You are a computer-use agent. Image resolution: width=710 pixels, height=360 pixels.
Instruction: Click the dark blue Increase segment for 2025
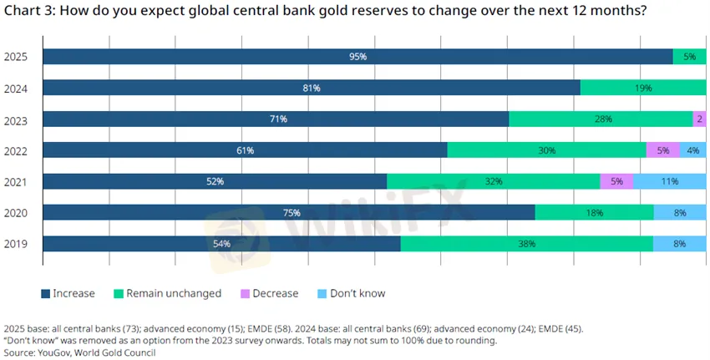pyautogui.click(x=358, y=57)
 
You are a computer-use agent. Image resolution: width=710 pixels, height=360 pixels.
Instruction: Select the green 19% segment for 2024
pyautogui.click(x=643, y=88)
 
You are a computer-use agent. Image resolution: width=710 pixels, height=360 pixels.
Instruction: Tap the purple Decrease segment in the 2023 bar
pyautogui.click(x=700, y=119)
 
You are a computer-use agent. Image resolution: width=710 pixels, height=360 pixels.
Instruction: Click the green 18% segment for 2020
pyautogui.click(x=594, y=213)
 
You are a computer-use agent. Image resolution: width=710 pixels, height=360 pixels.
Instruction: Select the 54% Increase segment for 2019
pyautogui.click(x=221, y=244)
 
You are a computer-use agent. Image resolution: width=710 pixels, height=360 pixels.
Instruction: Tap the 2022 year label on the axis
pyautogui.click(x=17, y=151)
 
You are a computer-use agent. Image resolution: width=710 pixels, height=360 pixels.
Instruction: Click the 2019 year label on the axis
pyautogui.click(x=17, y=245)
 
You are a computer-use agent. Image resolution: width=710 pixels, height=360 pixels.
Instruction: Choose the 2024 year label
pyautogui.click(x=17, y=89)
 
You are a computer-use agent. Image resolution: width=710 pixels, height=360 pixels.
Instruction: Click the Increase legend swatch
pyautogui.click(x=46, y=293)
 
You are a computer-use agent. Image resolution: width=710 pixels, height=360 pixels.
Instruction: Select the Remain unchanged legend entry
pyautogui.click(x=174, y=293)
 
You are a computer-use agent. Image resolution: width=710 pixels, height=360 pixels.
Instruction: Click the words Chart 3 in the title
pyautogui.click(x=28, y=11)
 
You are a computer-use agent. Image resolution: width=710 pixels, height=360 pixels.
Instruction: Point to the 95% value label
pyautogui.click(x=358, y=57)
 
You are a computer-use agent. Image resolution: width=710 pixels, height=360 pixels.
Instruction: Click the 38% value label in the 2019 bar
pyautogui.click(x=526, y=244)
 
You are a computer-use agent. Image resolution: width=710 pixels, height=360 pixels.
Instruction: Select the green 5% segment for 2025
pyautogui.click(x=689, y=57)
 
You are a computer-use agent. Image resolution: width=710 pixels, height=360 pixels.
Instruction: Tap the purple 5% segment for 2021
pyautogui.click(x=616, y=181)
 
